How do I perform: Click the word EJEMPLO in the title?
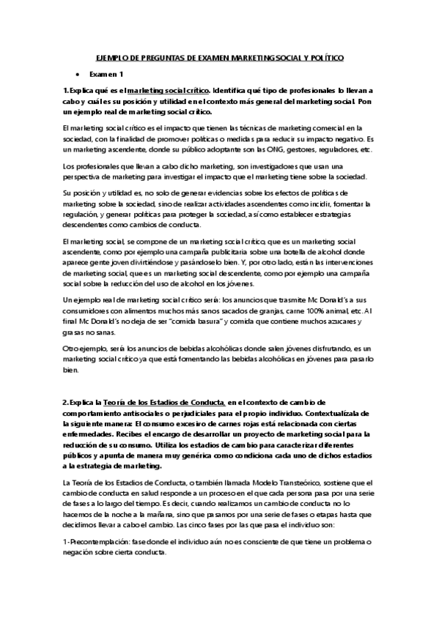click(111, 57)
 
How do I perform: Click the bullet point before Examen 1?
click(77, 74)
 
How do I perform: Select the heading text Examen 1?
click(106, 74)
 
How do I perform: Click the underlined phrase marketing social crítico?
click(169, 90)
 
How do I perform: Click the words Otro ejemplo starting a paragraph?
click(86, 350)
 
